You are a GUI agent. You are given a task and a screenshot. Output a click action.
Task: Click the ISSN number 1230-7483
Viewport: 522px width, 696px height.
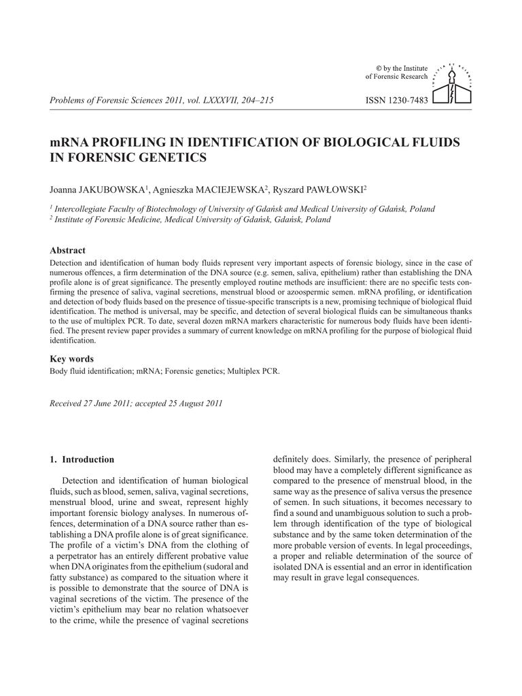(x=396, y=101)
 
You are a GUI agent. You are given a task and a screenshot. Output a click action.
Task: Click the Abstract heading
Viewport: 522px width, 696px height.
(x=68, y=251)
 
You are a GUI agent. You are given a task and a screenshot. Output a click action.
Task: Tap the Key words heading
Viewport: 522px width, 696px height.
(x=72, y=359)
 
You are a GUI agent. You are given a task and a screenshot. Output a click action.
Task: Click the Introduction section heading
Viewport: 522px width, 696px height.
(x=88, y=459)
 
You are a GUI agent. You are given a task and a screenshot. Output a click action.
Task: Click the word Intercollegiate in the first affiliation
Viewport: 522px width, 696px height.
(x=82, y=209)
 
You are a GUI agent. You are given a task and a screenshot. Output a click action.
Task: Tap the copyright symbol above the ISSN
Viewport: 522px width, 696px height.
(x=379, y=68)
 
